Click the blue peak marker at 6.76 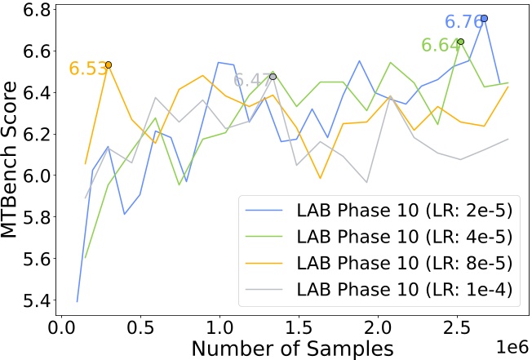click(484, 18)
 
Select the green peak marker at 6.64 click(460, 42)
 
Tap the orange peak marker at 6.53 click(108, 64)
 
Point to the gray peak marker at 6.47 click(273, 77)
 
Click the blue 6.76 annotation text click(461, 21)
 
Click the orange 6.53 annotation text click(86, 69)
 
